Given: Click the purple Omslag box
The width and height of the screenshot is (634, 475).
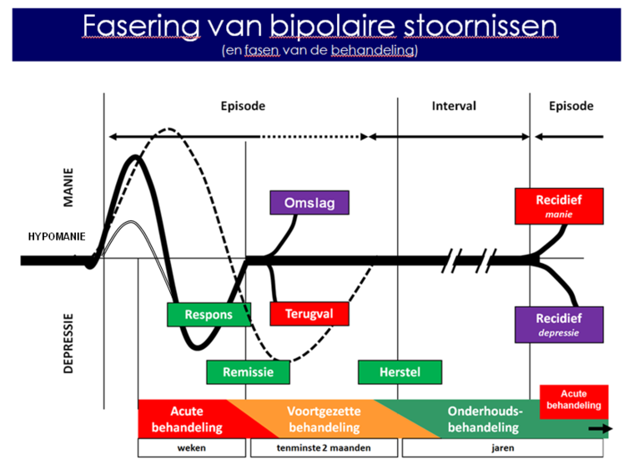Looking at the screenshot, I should tap(309, 203).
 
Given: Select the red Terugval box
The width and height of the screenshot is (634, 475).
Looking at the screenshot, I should tap(309, 313).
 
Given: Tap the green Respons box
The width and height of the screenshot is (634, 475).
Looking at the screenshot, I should tap(209, 315).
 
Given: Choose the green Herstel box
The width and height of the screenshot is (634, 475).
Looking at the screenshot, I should tap(400, 372).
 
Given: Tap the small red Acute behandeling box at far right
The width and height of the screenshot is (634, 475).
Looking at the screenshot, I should tap(573, 400).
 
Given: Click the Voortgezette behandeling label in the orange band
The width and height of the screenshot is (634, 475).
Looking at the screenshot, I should tap(324, 419).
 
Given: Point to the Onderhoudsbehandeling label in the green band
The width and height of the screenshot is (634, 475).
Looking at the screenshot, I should tap(484, 419).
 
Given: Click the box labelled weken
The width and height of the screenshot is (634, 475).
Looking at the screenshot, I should tap(191, 448).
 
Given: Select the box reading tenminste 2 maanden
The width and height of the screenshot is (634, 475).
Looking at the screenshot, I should tap(324, 448).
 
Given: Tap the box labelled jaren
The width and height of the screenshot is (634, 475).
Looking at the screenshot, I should tap(501, 448).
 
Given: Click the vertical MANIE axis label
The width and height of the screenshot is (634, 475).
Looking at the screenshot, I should tap(68, 190).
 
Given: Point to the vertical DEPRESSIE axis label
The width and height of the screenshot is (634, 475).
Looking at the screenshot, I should tap(68, 344).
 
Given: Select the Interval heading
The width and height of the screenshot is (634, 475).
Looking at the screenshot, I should tap(454, 106).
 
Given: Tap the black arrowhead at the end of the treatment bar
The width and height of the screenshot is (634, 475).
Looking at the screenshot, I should tap(598, 428).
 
